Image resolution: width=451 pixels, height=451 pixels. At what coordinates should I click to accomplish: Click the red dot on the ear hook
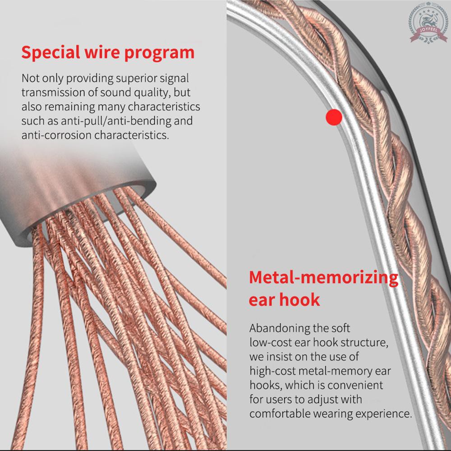pos(334,117)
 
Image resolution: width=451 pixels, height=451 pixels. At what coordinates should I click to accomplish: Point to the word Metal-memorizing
pos(323,277)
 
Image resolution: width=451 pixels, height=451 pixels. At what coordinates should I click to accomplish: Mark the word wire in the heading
pos(100,53)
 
